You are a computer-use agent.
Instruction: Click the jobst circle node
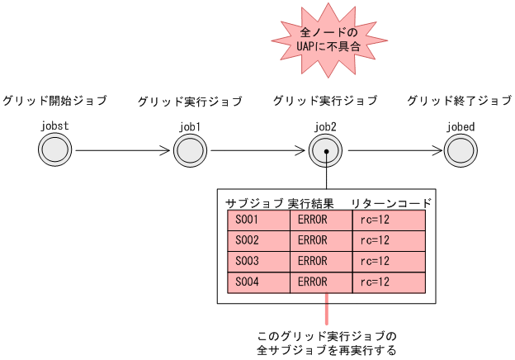pyautogui.click(x=54, y=151)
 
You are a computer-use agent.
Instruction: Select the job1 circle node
pyautogui.click(x=190, y=151)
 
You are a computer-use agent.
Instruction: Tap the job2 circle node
pyautogui.click(x=326, y=151)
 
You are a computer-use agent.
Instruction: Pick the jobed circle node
pyautogui.click(x=461, y=151)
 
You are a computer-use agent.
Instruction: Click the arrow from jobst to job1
pyautogui.click(x=122, y=151)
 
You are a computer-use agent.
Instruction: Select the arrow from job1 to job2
pyautogui.click(x=257, y=151)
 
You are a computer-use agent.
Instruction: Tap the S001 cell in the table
pyautogui.click(x=258, y=220)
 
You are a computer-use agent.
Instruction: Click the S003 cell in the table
pyautogui.click(x=258, y=261)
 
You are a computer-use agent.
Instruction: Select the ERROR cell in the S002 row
pyautogui.click(x=321, y=240)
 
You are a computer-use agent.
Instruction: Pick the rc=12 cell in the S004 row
pyautogui.click(x=388, y=282)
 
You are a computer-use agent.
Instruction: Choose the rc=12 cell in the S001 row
pyautogui.click(x=388, y=220)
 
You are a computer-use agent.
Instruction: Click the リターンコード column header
pyautogui.click(x=390, y=202)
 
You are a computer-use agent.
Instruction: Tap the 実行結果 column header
pyautogui.click(x=311, y=202)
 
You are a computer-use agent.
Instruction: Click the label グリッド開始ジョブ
pyautogui.click(x=54, y=101)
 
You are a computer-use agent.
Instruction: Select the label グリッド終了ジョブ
pyautogui.click(x=459, y=101)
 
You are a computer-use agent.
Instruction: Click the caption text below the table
pyautogui.click(x=327, y=343)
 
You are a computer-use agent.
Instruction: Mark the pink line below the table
pyautogui.click(x=327, y=310)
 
